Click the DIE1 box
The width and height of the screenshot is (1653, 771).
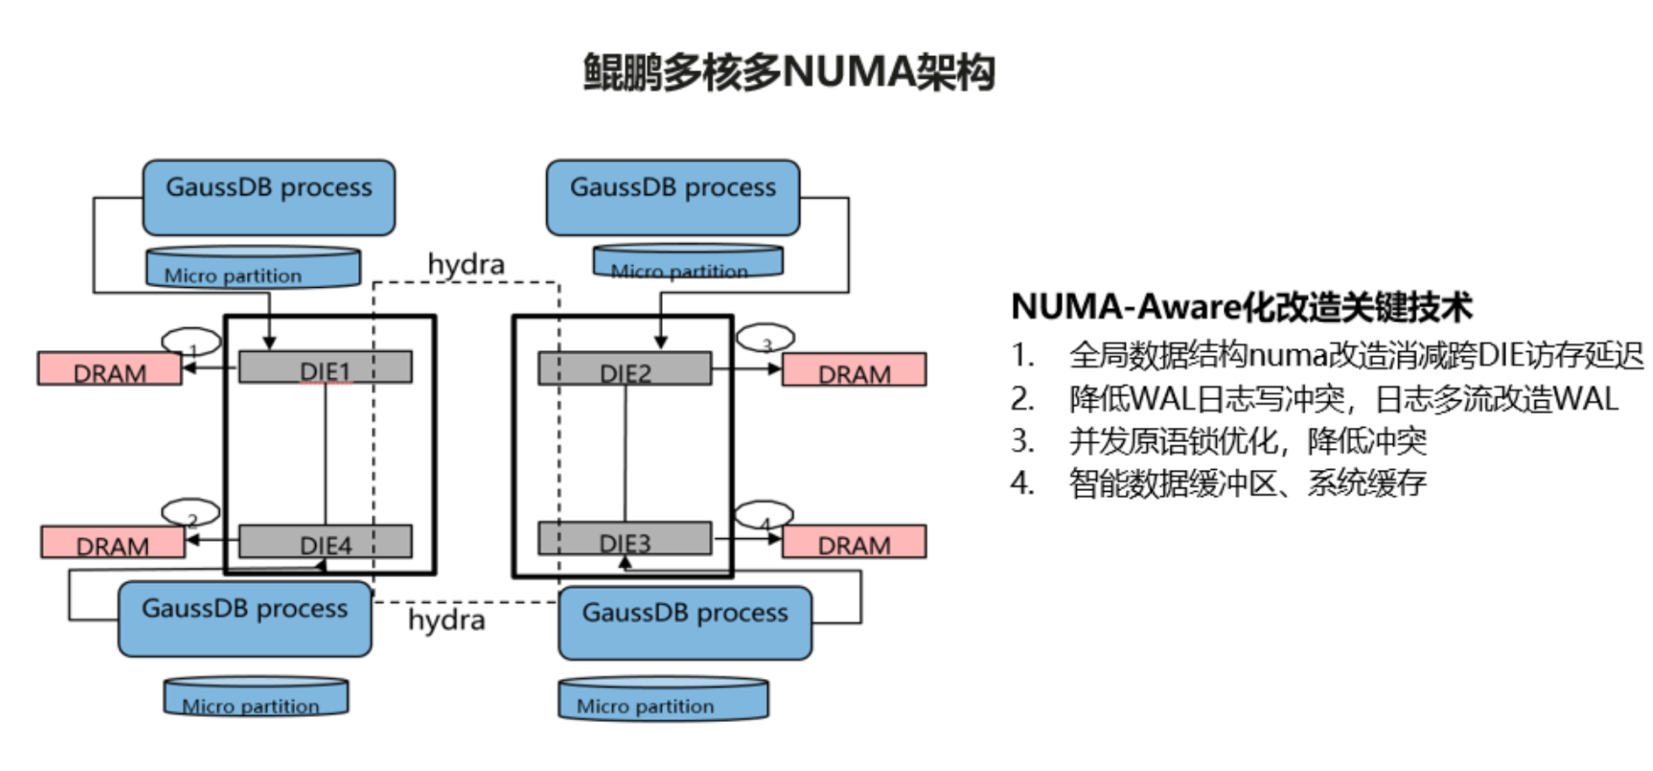click(325, 368)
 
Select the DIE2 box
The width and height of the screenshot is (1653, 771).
click(624, 368)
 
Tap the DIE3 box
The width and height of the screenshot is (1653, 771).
click(624, 539)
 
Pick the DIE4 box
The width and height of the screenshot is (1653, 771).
click(325, 542)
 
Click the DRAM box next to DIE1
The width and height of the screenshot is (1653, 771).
click(109, 369)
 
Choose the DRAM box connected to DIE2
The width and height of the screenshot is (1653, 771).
click(854, 369)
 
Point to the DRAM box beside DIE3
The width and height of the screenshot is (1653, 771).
click(854, 542)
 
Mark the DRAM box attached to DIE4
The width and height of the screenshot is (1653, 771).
click(113, 543)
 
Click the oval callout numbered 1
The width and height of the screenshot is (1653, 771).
click(191, 341)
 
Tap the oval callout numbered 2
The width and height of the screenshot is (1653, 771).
click(191, 512)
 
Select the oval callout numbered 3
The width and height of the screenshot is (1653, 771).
click(765, 337)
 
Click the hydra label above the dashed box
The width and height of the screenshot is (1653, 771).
click(466, 263)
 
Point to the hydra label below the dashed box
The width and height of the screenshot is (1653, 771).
click(447, 620)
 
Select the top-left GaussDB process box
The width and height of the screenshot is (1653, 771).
click(269, 197)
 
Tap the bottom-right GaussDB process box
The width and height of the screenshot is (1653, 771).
click(685, 622)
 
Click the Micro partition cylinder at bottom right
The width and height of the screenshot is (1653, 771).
click(664, 699)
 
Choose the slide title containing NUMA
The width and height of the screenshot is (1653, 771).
click(789, 72)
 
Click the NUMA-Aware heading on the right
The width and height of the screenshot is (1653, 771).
click(1241, 306)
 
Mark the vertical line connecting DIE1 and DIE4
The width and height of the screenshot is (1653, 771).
click(326, 453)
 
